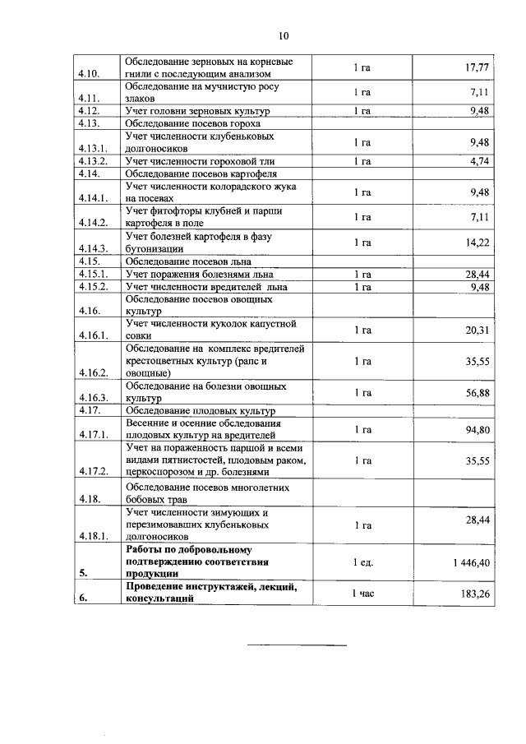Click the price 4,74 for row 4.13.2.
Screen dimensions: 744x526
coord(480,161)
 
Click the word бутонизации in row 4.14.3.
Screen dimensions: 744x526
coord(155,248)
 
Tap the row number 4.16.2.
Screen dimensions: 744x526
coord(93,372)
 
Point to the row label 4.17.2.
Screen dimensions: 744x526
coord(93,472)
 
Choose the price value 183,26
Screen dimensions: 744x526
coord(476,593)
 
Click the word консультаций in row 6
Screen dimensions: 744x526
coord(159,599)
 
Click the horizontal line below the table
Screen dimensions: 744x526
coord(298,646)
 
